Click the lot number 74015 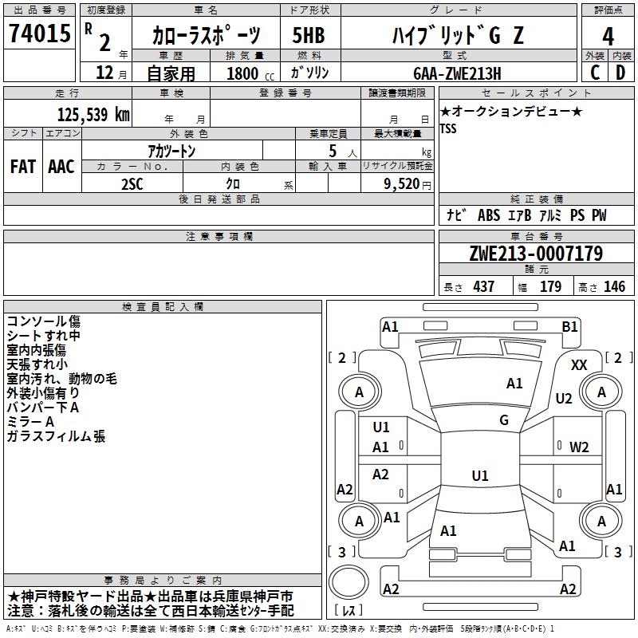[x=39, y=33]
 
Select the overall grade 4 [x=608, y=36]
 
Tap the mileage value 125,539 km [x=93, y=115]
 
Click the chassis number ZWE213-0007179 [x=536, y=254]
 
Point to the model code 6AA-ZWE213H [x=457, y=73]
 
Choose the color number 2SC [x=132, y=184]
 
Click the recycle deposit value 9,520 [x=402, y=184]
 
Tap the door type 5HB [x=309, y=35]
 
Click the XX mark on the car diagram [x=579, y=365]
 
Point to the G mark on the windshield [x=504, y=420]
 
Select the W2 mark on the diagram [x=579, y=447]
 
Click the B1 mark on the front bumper [x=569, y=327]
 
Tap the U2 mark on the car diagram [x=564, y=398]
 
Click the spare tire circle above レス [x=349, y=582]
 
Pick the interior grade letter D [x=620, y=73]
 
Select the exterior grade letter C [x=595, y=73]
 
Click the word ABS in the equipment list [x=489, y=215]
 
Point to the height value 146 [x=614, y=286]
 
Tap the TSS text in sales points [x=448, y=128]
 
